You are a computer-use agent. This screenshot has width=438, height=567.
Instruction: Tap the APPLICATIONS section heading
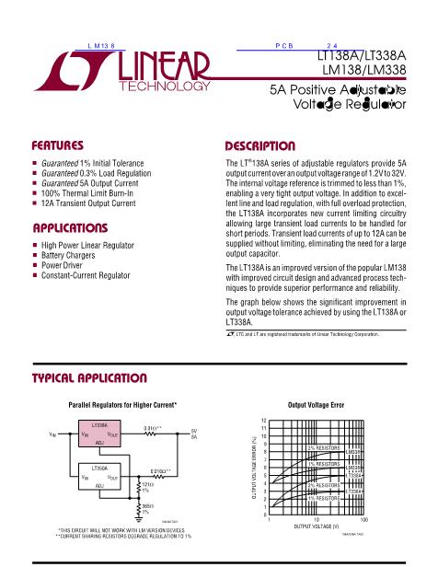click(70, 226)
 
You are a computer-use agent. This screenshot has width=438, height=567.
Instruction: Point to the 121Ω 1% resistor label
click(146, 486)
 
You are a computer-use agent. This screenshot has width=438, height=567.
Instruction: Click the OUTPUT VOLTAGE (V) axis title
click(316, 527)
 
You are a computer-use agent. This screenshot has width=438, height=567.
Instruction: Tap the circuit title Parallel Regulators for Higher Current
click(123, 405)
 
